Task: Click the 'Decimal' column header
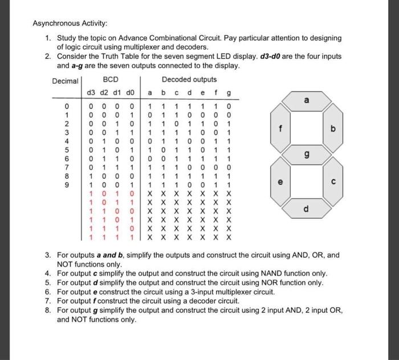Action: click(65, 81)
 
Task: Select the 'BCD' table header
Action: click(110, 80)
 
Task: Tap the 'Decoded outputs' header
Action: click(189, 80)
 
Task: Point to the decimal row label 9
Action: click(67, 185)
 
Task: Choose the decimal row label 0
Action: click(67, 105)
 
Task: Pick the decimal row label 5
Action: click(67, 150)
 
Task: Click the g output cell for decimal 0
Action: click(229, 105)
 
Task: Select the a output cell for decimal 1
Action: click(149, 114)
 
